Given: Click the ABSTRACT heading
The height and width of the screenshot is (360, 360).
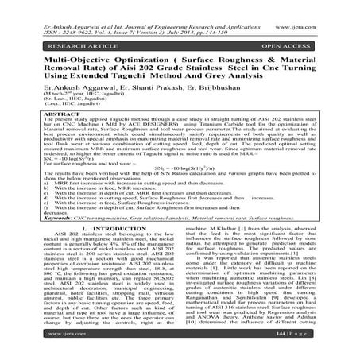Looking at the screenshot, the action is [x=37, y=110].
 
